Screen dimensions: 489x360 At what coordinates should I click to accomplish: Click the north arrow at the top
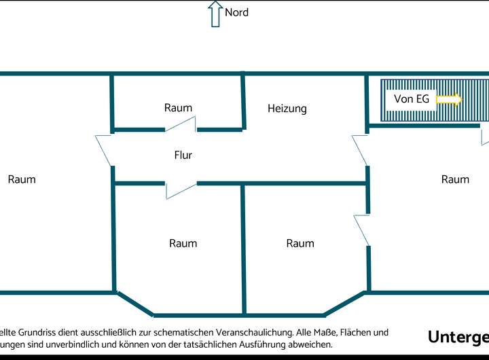[x=215, y=14]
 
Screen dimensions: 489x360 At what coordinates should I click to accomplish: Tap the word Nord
[x=236, y=12]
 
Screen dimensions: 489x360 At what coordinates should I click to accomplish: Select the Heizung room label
[x=287, y=108]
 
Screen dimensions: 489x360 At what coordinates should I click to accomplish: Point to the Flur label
[x=183, y=155]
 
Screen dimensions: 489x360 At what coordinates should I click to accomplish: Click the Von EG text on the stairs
[x=411, y=99]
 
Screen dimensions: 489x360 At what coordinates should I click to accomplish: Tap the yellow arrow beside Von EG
[x=448, y=100]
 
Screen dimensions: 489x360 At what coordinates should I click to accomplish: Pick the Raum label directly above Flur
[x=178, y=107]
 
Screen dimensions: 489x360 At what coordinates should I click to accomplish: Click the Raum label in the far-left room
[x=22, y=179]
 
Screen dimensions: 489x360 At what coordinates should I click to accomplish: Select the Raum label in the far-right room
[x=455, y=179]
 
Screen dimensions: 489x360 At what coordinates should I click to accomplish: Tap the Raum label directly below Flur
[x=183, y=243]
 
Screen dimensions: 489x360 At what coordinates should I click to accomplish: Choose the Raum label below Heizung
[x=300, y=243]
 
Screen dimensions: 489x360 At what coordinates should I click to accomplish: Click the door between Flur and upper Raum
[x=181, y=124]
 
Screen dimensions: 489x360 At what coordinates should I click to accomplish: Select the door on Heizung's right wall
[x=360, y=149]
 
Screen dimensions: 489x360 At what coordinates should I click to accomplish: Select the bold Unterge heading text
[x=458, y=338]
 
